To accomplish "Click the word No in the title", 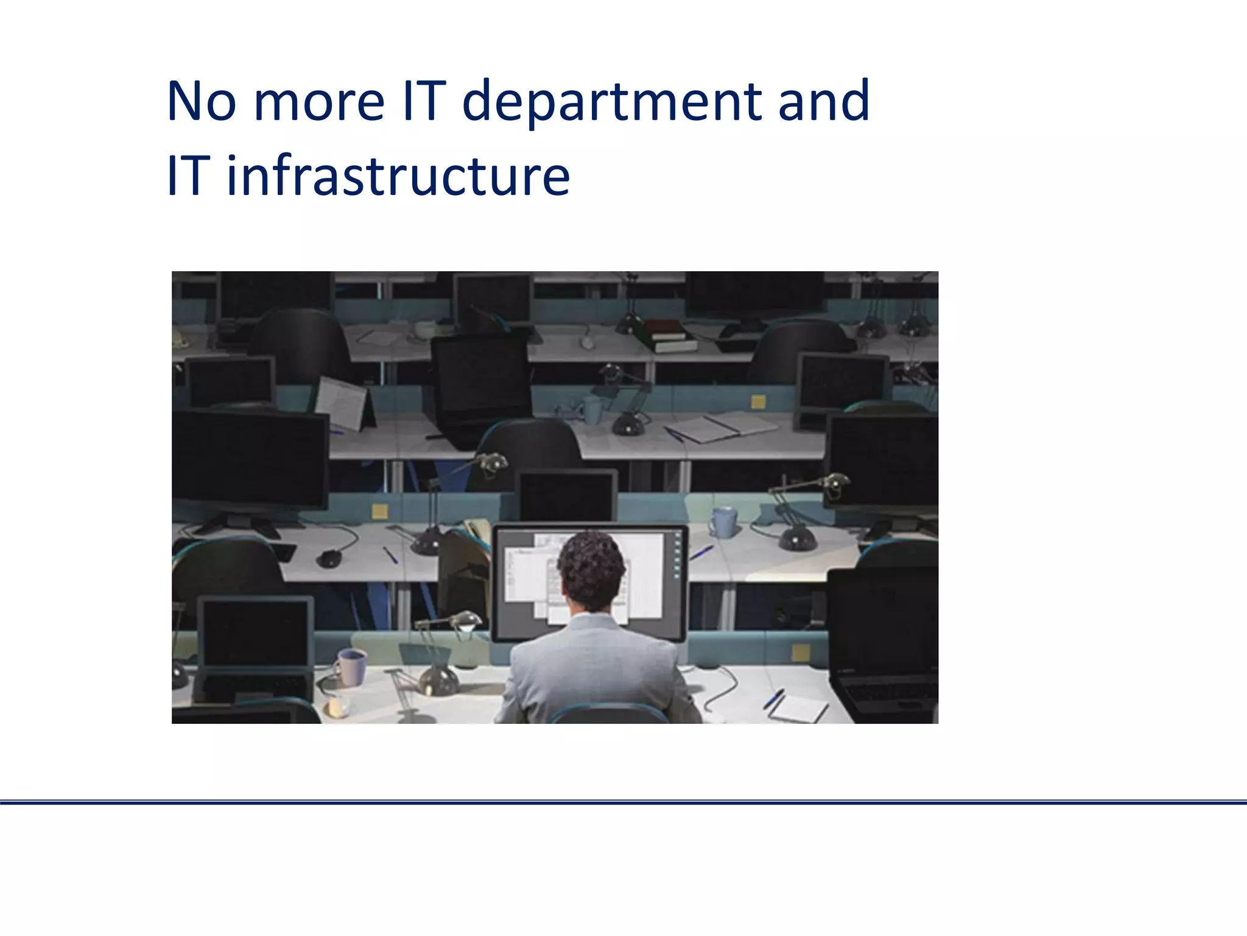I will tap(202, 101).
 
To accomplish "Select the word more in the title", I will tap(319, 101).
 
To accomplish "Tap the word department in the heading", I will tap(613, 102).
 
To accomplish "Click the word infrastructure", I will tap(398, 176).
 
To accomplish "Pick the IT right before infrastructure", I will tap(188, 176).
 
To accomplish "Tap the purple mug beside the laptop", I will tap(352, 667).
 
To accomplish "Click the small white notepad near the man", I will tap(798, 707).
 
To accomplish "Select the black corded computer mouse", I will tap(329, 557).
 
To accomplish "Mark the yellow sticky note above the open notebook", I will tap(758, 402).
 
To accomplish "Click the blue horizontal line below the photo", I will tap(623, 803).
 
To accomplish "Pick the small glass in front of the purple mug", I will tap(337, 706).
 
